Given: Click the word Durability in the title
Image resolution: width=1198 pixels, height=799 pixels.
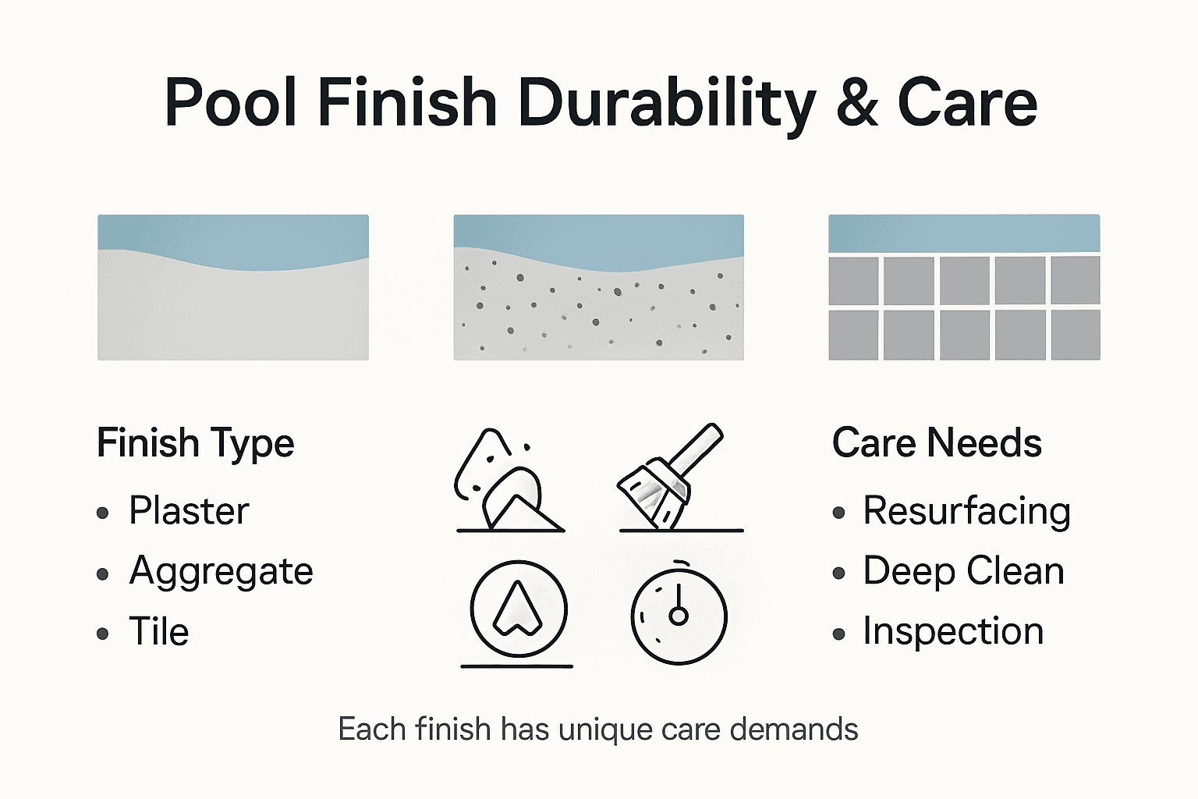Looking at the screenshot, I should [x=667, y=103].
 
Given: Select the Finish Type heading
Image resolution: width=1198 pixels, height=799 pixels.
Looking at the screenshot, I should [x=195, y=443].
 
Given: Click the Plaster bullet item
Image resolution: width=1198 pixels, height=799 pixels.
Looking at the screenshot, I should [x=189, y=511].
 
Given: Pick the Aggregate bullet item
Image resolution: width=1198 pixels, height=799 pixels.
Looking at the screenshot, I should [x=221, y=571].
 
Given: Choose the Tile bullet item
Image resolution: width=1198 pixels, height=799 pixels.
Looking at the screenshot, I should [x=159, y=631].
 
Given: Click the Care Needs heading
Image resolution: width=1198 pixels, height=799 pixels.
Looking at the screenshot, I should [x=937, y=443].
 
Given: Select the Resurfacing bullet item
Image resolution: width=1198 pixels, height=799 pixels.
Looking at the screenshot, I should [x=966, y=511].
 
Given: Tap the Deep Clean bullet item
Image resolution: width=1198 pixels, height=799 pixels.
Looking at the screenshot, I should [x=963, y=571].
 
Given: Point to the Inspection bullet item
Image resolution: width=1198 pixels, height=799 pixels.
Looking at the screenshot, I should [x=953, y=631].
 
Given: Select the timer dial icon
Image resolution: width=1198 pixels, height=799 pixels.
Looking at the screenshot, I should [x=679, y=614].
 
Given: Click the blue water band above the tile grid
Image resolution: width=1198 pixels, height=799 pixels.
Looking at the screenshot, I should [x=964, y=233].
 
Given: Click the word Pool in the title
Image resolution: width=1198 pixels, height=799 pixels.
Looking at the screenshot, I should [x=231, y=103].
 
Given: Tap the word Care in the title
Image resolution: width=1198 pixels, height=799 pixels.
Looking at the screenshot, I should [x=967, y=103].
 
